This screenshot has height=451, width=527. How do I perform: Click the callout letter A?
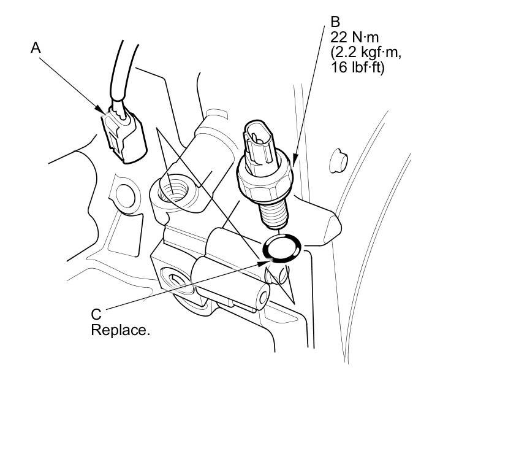36,48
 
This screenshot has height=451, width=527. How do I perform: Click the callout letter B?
335,22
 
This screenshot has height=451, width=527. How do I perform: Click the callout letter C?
96,314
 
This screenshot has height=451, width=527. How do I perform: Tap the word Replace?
120,330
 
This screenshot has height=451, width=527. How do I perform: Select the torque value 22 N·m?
355,37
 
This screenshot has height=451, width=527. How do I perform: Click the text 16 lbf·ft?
358,67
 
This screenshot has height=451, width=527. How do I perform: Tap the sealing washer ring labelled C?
282,248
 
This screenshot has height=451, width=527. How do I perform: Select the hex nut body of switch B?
265,180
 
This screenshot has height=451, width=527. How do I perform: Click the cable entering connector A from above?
123,74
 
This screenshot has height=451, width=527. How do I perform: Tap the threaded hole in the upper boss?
173,190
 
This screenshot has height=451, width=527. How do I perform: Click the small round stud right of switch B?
338,161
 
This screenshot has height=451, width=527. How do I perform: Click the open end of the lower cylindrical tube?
263,296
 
